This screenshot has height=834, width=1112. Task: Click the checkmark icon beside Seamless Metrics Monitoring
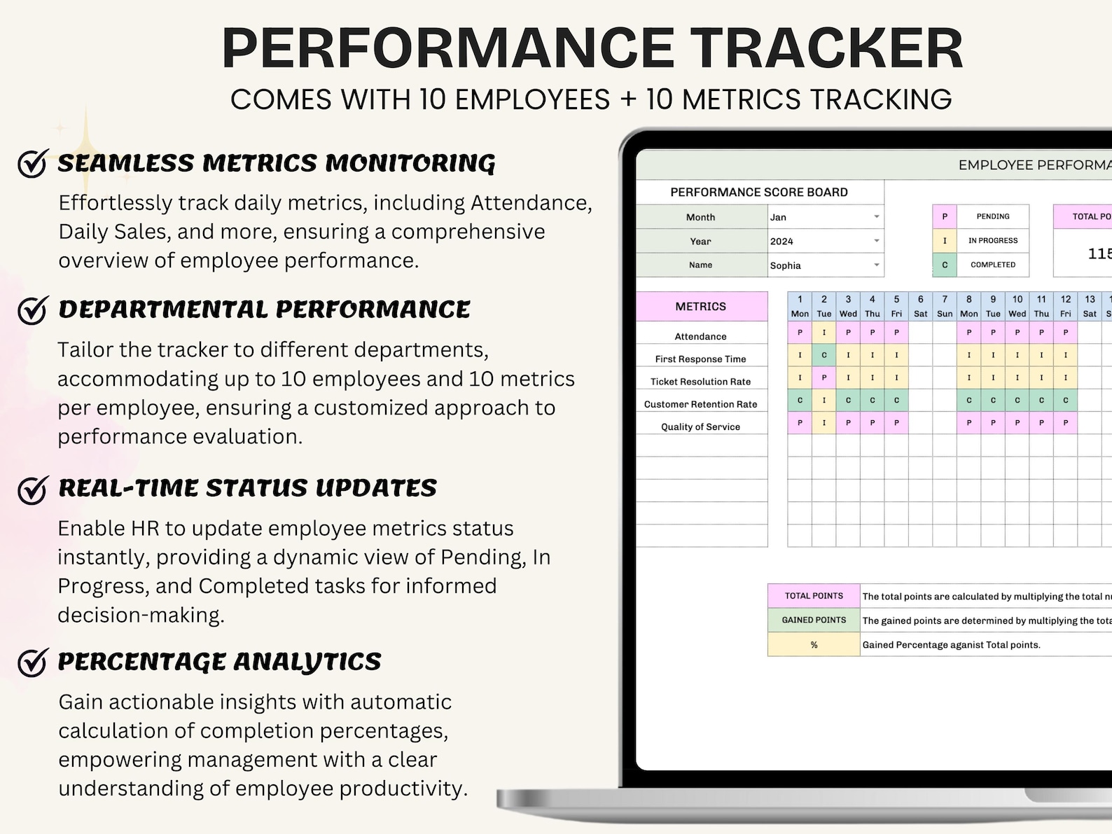pos(32,164)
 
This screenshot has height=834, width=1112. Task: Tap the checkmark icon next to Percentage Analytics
pos(32,662)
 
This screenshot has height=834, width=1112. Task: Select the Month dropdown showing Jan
pos(825,217)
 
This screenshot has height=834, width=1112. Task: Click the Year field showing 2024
pos(825,241)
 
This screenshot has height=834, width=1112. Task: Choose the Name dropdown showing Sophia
pos(825,265)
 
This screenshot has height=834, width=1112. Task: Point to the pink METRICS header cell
pos(701,307)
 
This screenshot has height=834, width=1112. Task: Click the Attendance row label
pos(701,337)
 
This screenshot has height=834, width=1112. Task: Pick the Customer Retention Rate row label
pos(701,404)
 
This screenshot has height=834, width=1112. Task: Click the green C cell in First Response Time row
pos(824,355)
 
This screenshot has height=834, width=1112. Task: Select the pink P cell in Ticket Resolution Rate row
pos(824,378)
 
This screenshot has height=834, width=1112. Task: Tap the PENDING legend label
pos(993,216)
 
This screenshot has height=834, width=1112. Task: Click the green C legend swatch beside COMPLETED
pos(945,265)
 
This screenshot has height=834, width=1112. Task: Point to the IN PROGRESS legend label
pos(993,240)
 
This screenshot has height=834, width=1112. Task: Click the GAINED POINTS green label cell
pos(814,620)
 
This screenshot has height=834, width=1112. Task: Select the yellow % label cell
pos(814,645)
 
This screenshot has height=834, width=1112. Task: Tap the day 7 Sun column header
pos(945,307)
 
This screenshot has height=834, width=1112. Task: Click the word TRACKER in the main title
pos(828,48)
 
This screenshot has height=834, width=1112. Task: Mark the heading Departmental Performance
pos(264,310)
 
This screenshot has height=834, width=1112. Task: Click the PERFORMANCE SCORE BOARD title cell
pos(759,192)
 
